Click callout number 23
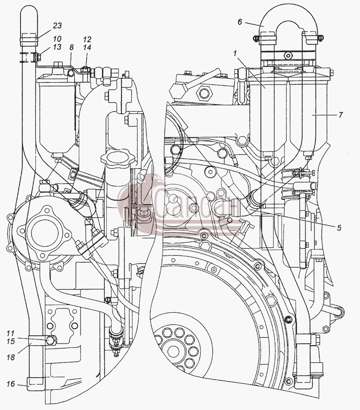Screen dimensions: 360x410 point(57,25)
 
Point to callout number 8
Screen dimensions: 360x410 point(71,47)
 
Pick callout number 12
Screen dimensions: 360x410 point(87,39)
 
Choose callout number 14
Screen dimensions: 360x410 point(87,47)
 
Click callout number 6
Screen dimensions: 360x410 point(240,22)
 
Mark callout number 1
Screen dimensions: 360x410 point(235,53)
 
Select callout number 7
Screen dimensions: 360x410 point(340,115)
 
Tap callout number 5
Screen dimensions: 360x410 point(339,228)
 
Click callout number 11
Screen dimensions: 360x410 point(10,333)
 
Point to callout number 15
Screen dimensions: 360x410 point(10,341)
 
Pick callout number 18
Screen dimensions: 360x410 point(11,357)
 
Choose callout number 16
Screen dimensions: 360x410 point(11,384)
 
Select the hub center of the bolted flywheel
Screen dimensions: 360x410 point(173,351)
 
